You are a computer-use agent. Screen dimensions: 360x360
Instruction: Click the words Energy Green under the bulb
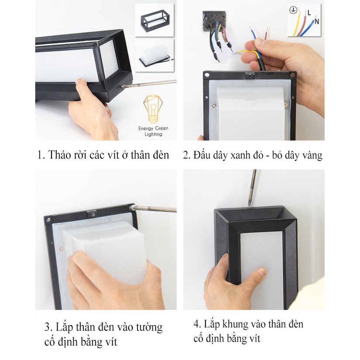(153, 129)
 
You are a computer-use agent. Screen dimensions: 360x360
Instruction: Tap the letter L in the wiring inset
(309, 13)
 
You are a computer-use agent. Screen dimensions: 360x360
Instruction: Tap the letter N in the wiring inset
(317, 21)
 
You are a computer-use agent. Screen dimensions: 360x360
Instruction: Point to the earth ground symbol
(293, 10)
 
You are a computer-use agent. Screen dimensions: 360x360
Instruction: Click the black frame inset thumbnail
(154, 20)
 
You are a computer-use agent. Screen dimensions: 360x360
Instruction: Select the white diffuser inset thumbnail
(154, 55)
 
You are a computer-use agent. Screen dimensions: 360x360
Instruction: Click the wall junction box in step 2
(214, 20)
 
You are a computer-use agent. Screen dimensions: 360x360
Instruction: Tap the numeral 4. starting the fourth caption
(197, 324)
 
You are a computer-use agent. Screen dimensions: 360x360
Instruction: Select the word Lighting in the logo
(153, 134)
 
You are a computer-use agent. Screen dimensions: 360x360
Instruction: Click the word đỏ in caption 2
(258, 155)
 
